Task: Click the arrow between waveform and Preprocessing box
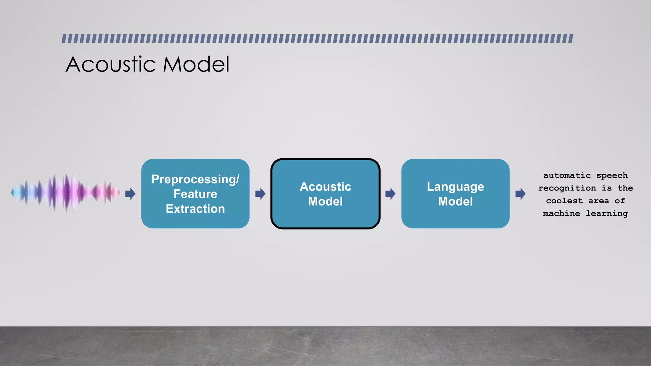[130, 194]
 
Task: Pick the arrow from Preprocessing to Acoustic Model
[260, 194]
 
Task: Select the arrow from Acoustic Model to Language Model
[390, 194]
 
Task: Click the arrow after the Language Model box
[520, 194]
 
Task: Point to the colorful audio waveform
[65, 193]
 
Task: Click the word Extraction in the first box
[195, 209]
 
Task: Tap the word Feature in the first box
[195, 194]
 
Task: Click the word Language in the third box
[455, 187]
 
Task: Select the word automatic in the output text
[567, 175]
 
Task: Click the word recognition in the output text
[567, 188]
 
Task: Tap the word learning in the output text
[606, 213]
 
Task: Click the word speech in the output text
[612, 176]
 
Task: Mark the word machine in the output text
[561, 213]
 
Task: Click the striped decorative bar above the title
[317, 39]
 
